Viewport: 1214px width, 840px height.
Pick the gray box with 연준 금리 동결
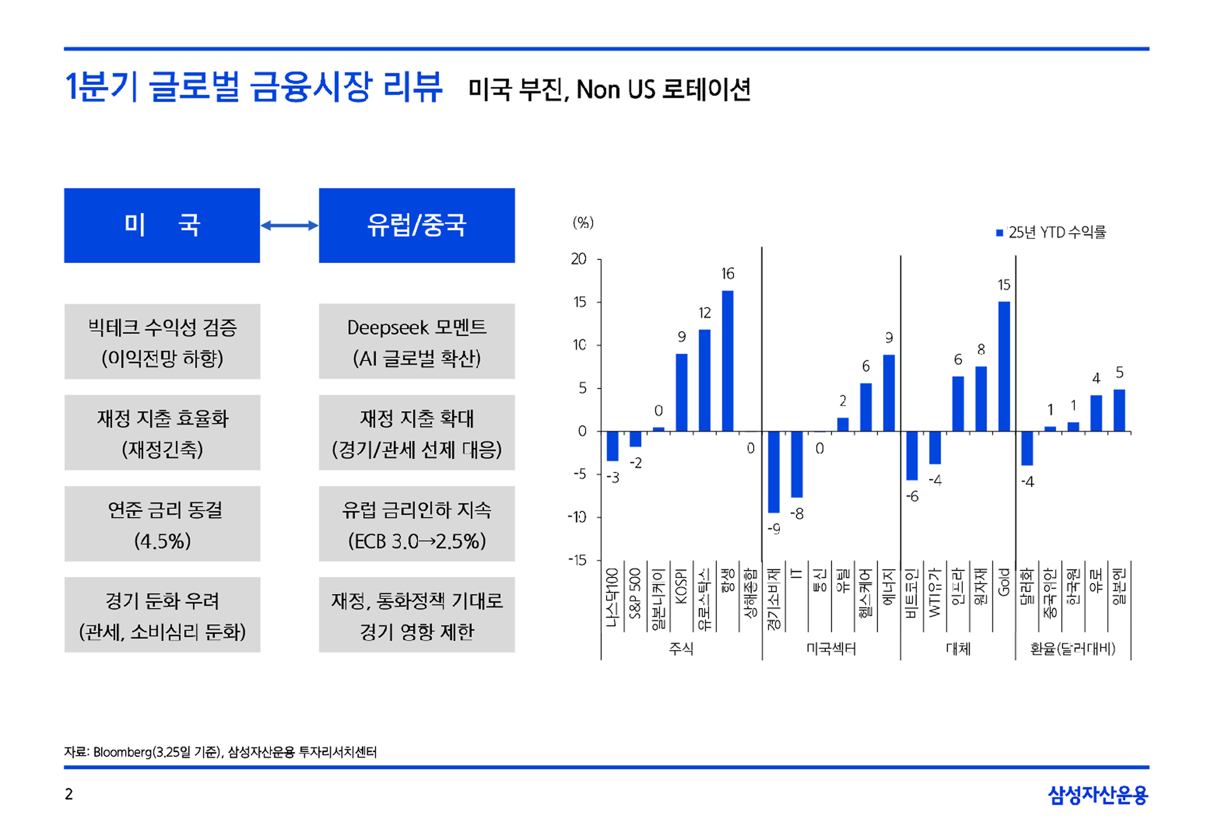tap(162, 524)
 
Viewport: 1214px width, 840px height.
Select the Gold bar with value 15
tap(1003, 366)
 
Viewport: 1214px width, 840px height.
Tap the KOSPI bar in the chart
tap(681, 393)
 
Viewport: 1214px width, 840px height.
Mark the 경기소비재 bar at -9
tap(774, 472)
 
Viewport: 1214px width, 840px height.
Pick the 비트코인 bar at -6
tap(912, 456)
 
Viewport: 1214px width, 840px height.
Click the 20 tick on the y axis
tap(579, 259)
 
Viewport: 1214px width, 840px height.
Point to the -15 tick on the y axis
tap(577, 560)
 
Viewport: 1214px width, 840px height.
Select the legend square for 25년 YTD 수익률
tap(999, 233)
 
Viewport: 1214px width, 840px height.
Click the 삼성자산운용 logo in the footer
tap(1097, 795)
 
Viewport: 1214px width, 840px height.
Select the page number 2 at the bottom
tap(68, 794)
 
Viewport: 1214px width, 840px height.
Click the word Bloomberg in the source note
tap(122, 752)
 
